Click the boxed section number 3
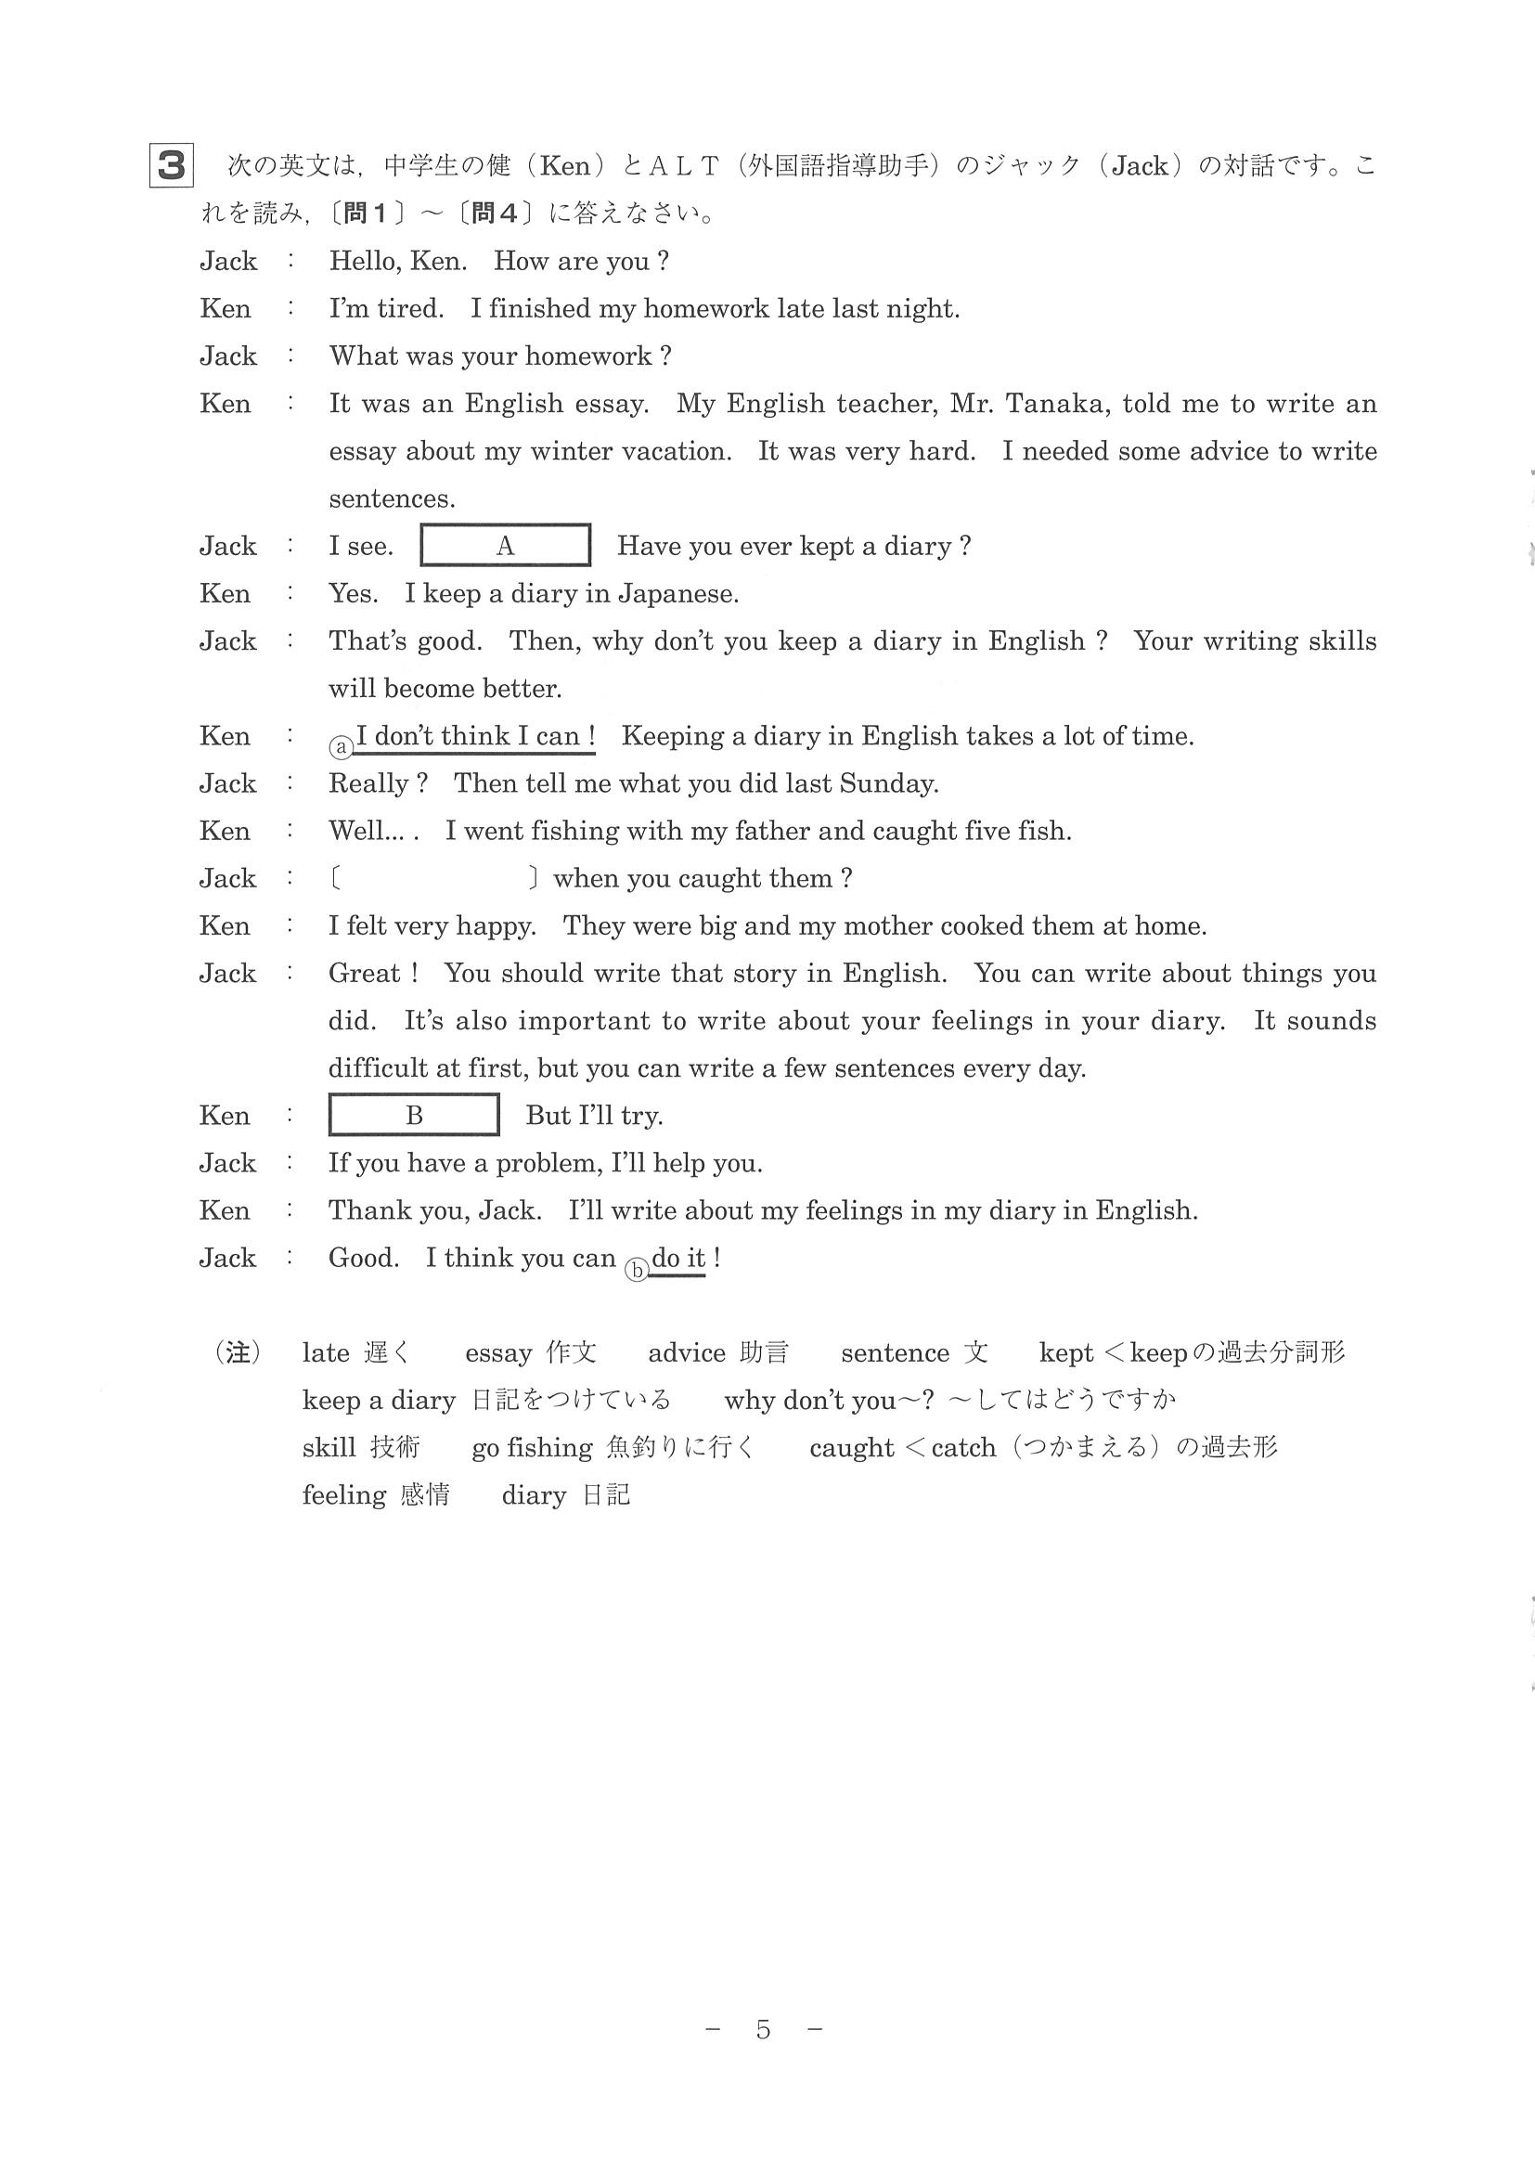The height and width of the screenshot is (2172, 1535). click(171, 165)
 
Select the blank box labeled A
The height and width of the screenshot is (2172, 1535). click(505, 546)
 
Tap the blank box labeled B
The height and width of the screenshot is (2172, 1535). click(413, 1116)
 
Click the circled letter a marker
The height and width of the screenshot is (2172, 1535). click(341, 747)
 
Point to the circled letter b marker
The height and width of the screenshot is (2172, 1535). click(637, 1270)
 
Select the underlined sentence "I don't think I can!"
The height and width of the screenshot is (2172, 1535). click(475, 736)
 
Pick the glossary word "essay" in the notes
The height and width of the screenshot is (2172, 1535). click(497, 1353)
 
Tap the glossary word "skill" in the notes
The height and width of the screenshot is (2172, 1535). click(329, 1448)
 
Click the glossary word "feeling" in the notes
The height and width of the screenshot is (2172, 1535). click(344, 1495)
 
